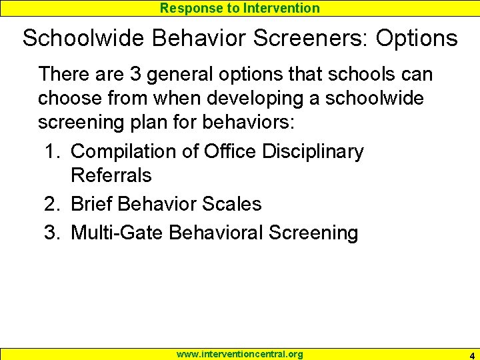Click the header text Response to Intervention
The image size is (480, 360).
pyautogui.click(x=240, y=8)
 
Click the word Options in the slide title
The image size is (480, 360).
pyautogui.click(x=417, y=38)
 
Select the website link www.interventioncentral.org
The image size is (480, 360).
pyautogui.click(x=239, y=354)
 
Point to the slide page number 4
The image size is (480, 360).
pyautogui.click(x=471, y=354)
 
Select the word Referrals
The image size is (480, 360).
pyautogui.click(x=111, y=176)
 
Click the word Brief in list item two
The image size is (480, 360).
pyautogui.click(x=91, y=204)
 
